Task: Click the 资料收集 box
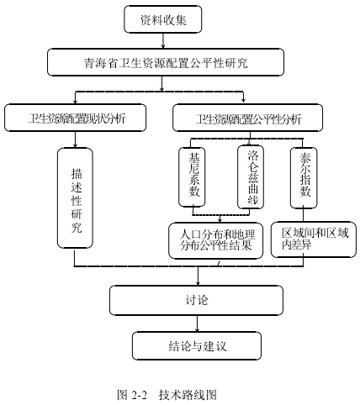(163, 19)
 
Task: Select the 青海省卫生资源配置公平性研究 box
(166, 62)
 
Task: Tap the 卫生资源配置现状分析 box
(75, 118)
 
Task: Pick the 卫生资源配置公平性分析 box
(247, 118)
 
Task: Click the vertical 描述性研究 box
(75, 198)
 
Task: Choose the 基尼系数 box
(192, 177)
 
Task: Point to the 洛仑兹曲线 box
(251, 177)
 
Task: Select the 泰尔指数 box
(304, 178)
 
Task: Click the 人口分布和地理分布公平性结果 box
(216, 240)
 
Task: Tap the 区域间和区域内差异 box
(314, 239)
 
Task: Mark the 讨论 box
(196, 300)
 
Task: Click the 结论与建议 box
(197, 346)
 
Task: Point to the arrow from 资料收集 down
(163, 41)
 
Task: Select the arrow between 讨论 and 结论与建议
(197, 323)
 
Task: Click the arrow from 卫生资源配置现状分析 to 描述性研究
(75, 139)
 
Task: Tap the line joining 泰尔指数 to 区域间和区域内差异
(304, 215)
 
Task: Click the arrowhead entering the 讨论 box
(199, 283)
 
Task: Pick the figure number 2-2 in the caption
(139, 395)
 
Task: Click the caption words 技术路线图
(188, 395)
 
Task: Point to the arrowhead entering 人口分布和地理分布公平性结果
(220, 220)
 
